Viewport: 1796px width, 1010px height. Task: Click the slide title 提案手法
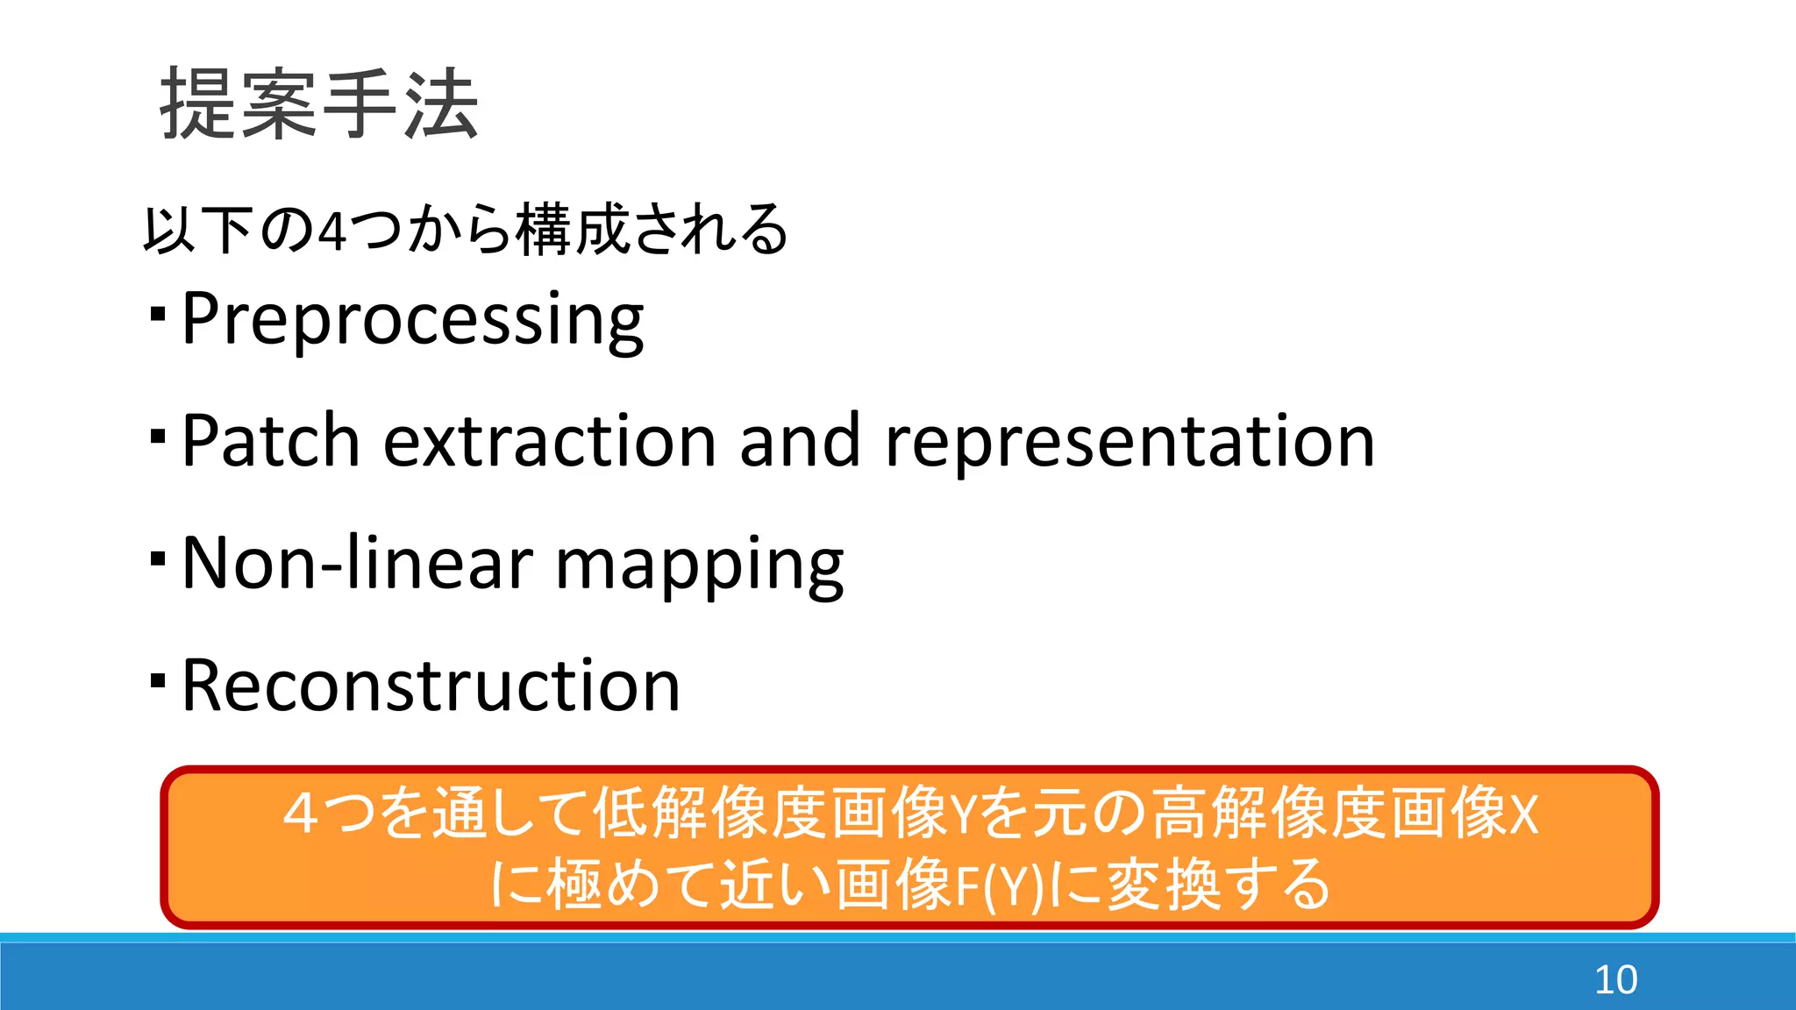tap(319, 105)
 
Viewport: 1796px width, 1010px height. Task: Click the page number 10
tap(1615, 979)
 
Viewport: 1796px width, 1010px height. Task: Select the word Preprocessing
tap(412, 319)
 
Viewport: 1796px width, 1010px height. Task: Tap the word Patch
tap(271, 441)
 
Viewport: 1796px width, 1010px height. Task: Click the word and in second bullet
tap(799, 441)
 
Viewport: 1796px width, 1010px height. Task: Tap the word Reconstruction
tap(431, 686)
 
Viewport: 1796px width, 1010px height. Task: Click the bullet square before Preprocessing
tap(158, 313)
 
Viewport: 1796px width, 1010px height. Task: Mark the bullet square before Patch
tap(158, 436)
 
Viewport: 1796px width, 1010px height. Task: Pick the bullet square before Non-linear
tap(158, 558)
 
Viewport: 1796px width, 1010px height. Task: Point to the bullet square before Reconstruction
tap(158, 680)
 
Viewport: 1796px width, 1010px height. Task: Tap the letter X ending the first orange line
tap(1524, 815)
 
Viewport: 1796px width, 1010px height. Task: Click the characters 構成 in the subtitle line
tap(574, 230)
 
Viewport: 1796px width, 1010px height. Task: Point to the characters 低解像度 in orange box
tap(710, 814)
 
